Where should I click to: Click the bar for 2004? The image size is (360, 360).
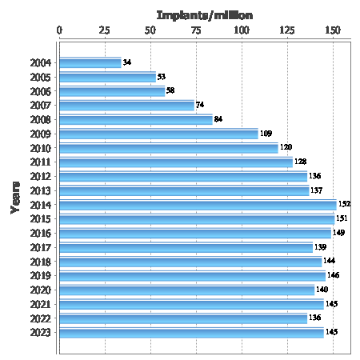pyautogui.click(x=90, y=63)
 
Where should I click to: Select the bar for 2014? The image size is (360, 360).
pyautogui.click(x=198, y=205)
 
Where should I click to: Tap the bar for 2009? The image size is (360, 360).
pyautogui.click(x=158, y=134)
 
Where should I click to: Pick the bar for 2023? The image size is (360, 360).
pyautogui.click(x=191, y=332)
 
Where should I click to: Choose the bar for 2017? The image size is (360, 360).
pyautogui.click(x=186, y=247)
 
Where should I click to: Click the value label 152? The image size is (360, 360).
pyautogui.click(x=344, y=205)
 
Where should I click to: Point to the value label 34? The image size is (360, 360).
pyautogui.click(x=127, y=63)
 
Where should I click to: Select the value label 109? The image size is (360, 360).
pyautogui.click(x=266, y=134)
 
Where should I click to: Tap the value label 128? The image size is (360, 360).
pyautogui.click(x=301, y=162)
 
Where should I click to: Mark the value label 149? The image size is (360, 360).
pyautogui.click(x=338, y=233)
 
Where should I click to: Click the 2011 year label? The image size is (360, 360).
pyautogui.click(x=41, y=162)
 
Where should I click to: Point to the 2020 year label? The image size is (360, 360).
pyautogui.click(x=41, y=290)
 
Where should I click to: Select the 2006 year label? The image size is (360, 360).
pyautogui.click(x=41, y=91)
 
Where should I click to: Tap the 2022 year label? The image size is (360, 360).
pyautogui.click(x=41, y=318)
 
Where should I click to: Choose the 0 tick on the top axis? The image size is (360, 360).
pyautogui.click(x=60, y=30)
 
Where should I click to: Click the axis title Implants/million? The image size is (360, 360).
pyautogui.click(x=204, y=14)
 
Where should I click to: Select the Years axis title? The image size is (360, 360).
pyautogui.click(x=15, y=195)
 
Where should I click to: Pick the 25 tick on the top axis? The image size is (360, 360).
pyautogui.click(x=105, y=30)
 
